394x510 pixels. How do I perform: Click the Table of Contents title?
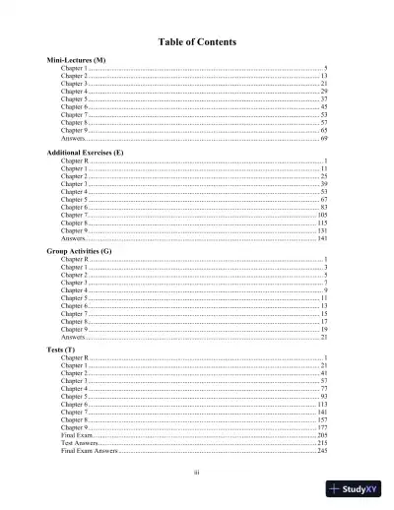pos(196,41)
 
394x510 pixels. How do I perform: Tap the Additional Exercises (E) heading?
pos(86,154)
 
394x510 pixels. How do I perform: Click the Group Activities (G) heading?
pos(80,251)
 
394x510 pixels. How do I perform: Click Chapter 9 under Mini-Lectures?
pos(74,131)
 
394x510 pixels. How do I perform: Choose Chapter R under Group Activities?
pos(74,259)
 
